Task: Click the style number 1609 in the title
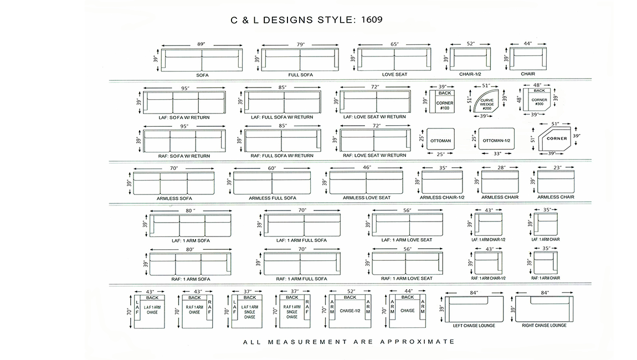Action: click(372, 19)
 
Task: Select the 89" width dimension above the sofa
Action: click(201, 44)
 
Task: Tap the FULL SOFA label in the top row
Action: click(301, 75)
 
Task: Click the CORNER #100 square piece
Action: click(445, 101)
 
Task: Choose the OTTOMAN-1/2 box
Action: click(496, 140)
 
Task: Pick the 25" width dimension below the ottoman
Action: click(440, 154)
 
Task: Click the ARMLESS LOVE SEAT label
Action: click(367, 198)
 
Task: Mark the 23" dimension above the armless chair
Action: click(557, 167)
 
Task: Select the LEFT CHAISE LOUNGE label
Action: click(474, 326)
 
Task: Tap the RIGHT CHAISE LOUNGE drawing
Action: click(544, 310)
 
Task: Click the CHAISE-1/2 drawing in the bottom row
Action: click(350, 311)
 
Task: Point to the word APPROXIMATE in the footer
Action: click(418, 342)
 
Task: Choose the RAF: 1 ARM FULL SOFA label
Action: click(301, 279)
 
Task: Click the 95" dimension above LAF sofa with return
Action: click(185, 88)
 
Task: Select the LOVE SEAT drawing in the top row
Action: click(394, 59)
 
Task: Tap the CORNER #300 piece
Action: click(538, 99)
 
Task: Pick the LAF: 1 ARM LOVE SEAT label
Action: click(407, 240)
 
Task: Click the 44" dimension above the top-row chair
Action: click(528, 43)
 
